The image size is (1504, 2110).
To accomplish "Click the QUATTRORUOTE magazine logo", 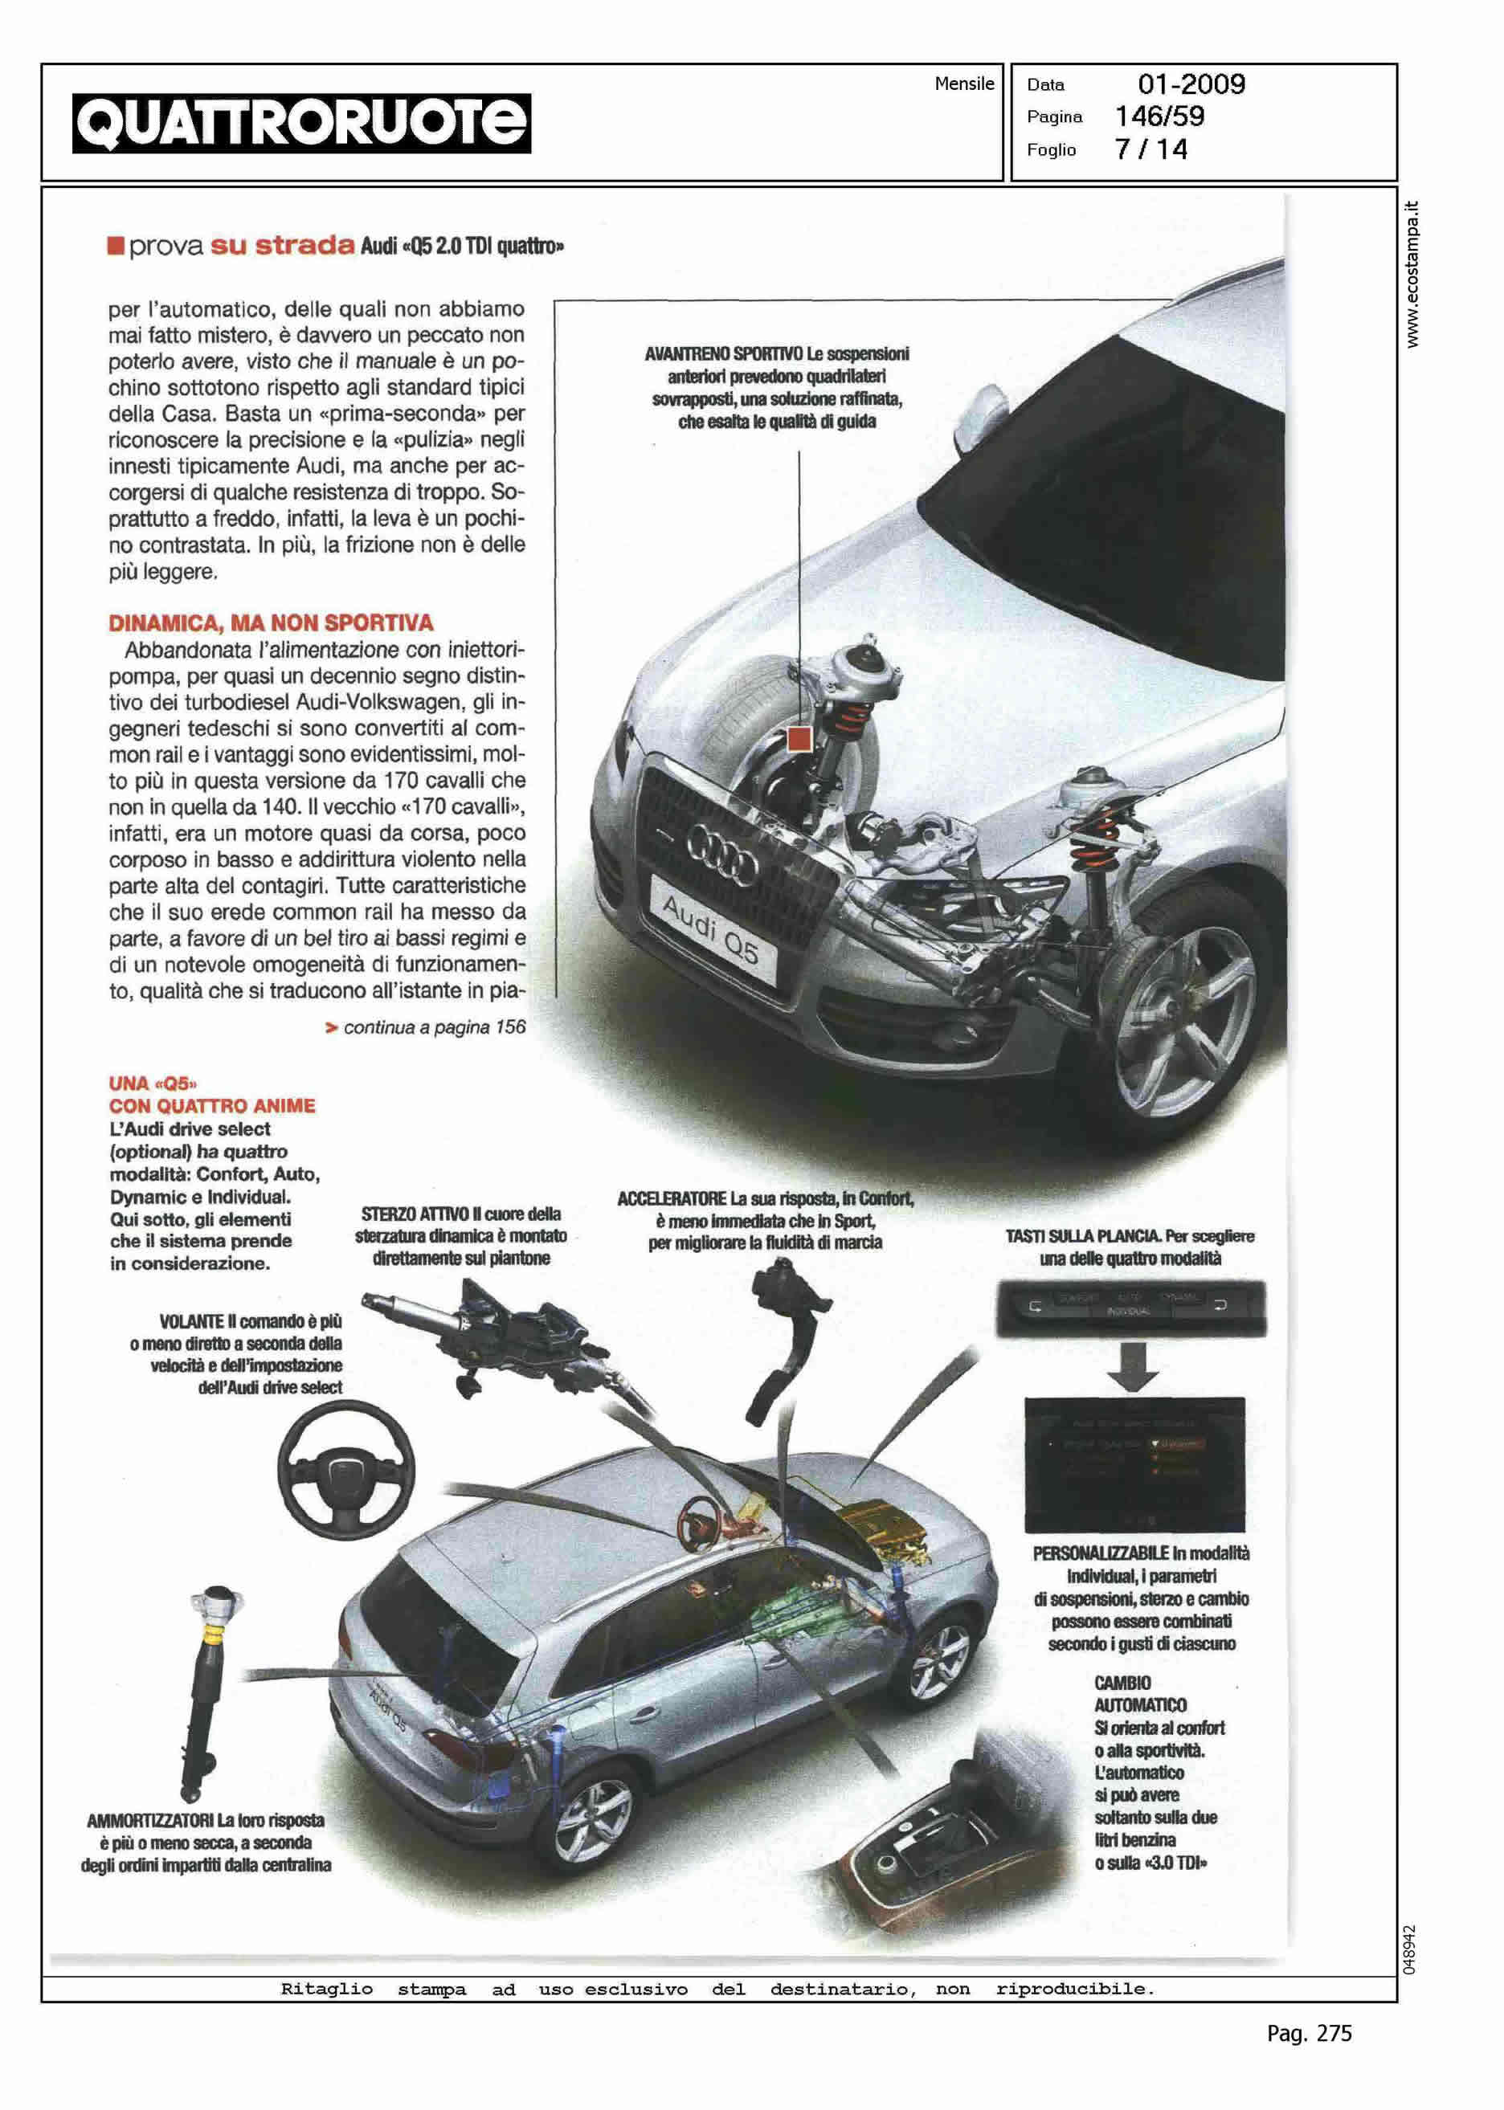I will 302,123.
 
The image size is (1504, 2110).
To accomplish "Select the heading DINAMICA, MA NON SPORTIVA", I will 272,622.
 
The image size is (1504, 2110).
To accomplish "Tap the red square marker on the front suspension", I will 799,739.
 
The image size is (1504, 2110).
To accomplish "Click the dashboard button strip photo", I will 1130,1308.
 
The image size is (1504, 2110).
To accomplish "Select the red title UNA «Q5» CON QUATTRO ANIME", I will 212,1094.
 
